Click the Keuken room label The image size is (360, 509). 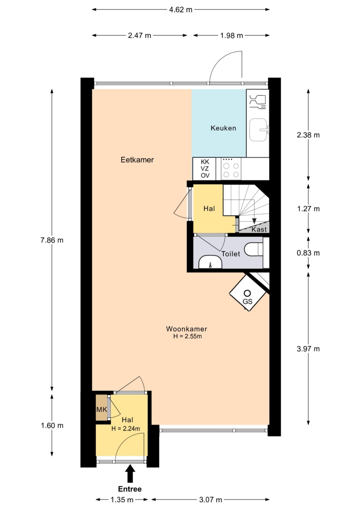pos(223,128)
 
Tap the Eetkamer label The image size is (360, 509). pos(137,160)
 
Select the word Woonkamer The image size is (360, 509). pos(187,329)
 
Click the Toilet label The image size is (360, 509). pos(230,254)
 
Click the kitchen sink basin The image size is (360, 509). pos(258,130)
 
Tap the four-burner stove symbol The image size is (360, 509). pos(231,168)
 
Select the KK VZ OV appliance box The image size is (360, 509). pos(205,168)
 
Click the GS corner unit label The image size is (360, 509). pos(247,302)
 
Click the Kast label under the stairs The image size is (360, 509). pos(259,229)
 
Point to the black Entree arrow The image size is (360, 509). pos(130,474)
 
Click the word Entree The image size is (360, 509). pos(130,489)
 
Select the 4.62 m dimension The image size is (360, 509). pos(180,10)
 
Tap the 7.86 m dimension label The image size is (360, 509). pos(52,240)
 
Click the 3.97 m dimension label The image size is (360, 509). pos(308,349)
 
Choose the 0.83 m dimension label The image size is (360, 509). pos(308,253)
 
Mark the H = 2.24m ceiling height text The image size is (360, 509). pos(125,429)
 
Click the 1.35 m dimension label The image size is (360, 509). pos(122,500)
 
